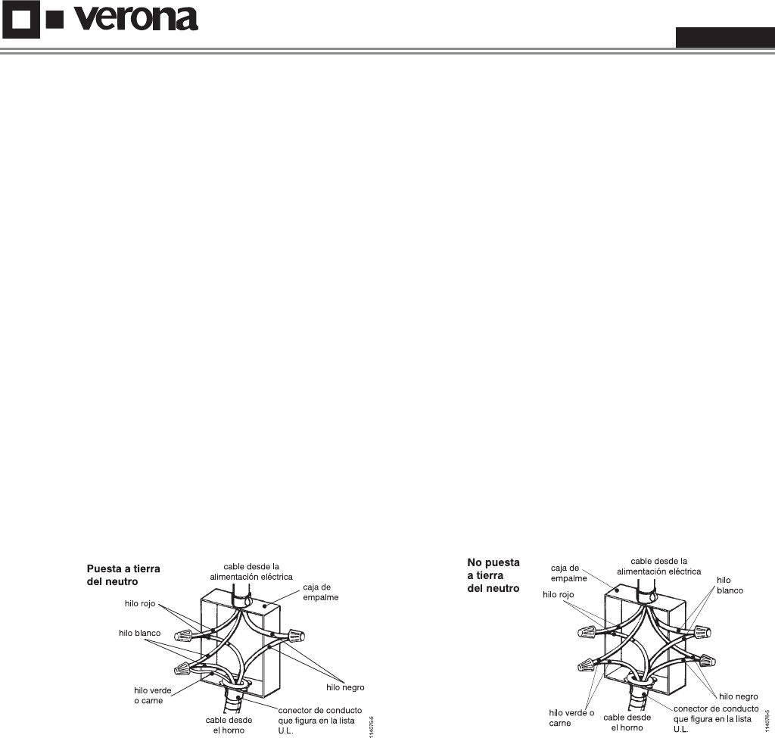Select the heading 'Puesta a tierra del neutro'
[x=124, y=573]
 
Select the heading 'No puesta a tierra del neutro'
[x=493, y=575]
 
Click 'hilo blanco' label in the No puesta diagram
[x=730, y=584]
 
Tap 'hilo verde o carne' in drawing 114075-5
[x=144, y=695]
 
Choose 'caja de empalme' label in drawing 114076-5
[x=565, y=573]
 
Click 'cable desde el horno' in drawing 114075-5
[x=229, y=725]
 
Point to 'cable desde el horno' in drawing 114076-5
[x=627, y=722]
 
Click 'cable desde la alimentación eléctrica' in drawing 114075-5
[x=250, y=571]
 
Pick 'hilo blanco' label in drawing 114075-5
[x=139, y=631]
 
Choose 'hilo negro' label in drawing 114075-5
[x=346, y=687]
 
